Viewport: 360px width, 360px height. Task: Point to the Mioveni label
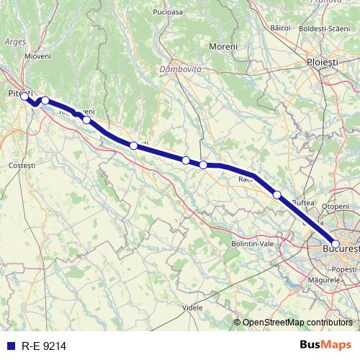tap(37, 55)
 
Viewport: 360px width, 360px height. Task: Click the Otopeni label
tap(335, 206)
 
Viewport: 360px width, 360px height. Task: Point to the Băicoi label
tap(279, 27)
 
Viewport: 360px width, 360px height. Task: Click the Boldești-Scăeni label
tap(328, 27)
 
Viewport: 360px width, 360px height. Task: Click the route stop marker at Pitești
tap(24, 96)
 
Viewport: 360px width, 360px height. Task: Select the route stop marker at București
tap(336, 244)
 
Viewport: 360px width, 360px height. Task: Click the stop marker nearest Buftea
tap(277, 194)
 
